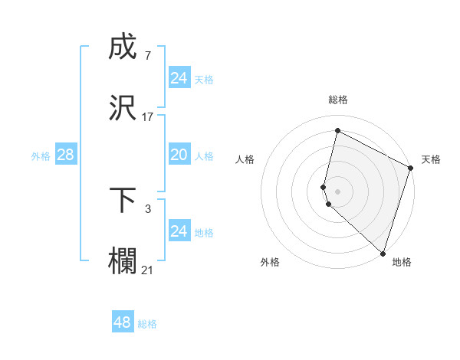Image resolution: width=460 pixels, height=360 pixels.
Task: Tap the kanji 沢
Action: [123, 107]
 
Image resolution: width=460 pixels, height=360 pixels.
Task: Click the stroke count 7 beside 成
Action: [147, 56]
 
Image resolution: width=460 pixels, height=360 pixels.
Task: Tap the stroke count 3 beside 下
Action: [147, 208]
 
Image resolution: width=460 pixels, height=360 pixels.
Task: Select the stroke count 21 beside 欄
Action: [147, 269]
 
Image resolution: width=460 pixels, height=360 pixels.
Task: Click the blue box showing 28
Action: [65, 155]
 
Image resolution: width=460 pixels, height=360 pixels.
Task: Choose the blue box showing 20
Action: [179, 155]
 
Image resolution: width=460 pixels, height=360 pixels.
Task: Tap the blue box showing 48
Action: [123, 322]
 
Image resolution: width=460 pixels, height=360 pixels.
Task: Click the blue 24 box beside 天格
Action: [179, 78]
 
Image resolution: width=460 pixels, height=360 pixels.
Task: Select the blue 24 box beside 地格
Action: [179, 231]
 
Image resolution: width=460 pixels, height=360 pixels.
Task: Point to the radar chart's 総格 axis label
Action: [338, 100]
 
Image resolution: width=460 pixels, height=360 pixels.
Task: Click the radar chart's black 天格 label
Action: [431, 159]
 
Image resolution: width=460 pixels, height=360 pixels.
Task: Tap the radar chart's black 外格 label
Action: [270, 262]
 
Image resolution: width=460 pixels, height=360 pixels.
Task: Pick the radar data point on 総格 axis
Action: [337, 131]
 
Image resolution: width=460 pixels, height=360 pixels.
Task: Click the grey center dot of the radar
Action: [337, 191]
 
